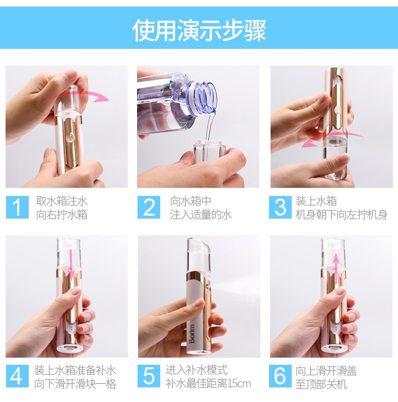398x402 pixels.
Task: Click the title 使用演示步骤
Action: [199, 30]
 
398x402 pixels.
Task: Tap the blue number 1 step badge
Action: [17, 207]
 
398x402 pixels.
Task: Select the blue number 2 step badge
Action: [149, 207]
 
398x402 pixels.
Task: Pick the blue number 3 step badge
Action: [280, 207]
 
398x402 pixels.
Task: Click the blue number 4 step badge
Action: [17, 376]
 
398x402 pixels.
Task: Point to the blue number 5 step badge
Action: [149, 376]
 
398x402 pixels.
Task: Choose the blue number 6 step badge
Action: [280, 376]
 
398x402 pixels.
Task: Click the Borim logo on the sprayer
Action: [192, 333]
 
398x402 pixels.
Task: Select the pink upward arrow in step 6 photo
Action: [336, 269]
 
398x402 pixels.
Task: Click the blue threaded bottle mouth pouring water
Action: [204, 96]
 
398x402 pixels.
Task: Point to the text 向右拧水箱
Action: [62, 214]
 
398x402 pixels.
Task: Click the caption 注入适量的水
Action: [201, 214]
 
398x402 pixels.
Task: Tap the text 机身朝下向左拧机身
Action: [342, 214]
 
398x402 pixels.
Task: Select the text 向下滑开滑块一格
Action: [75, 384]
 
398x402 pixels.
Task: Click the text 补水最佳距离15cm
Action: [208, 384]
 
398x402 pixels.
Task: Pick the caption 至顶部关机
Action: [321, 384]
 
